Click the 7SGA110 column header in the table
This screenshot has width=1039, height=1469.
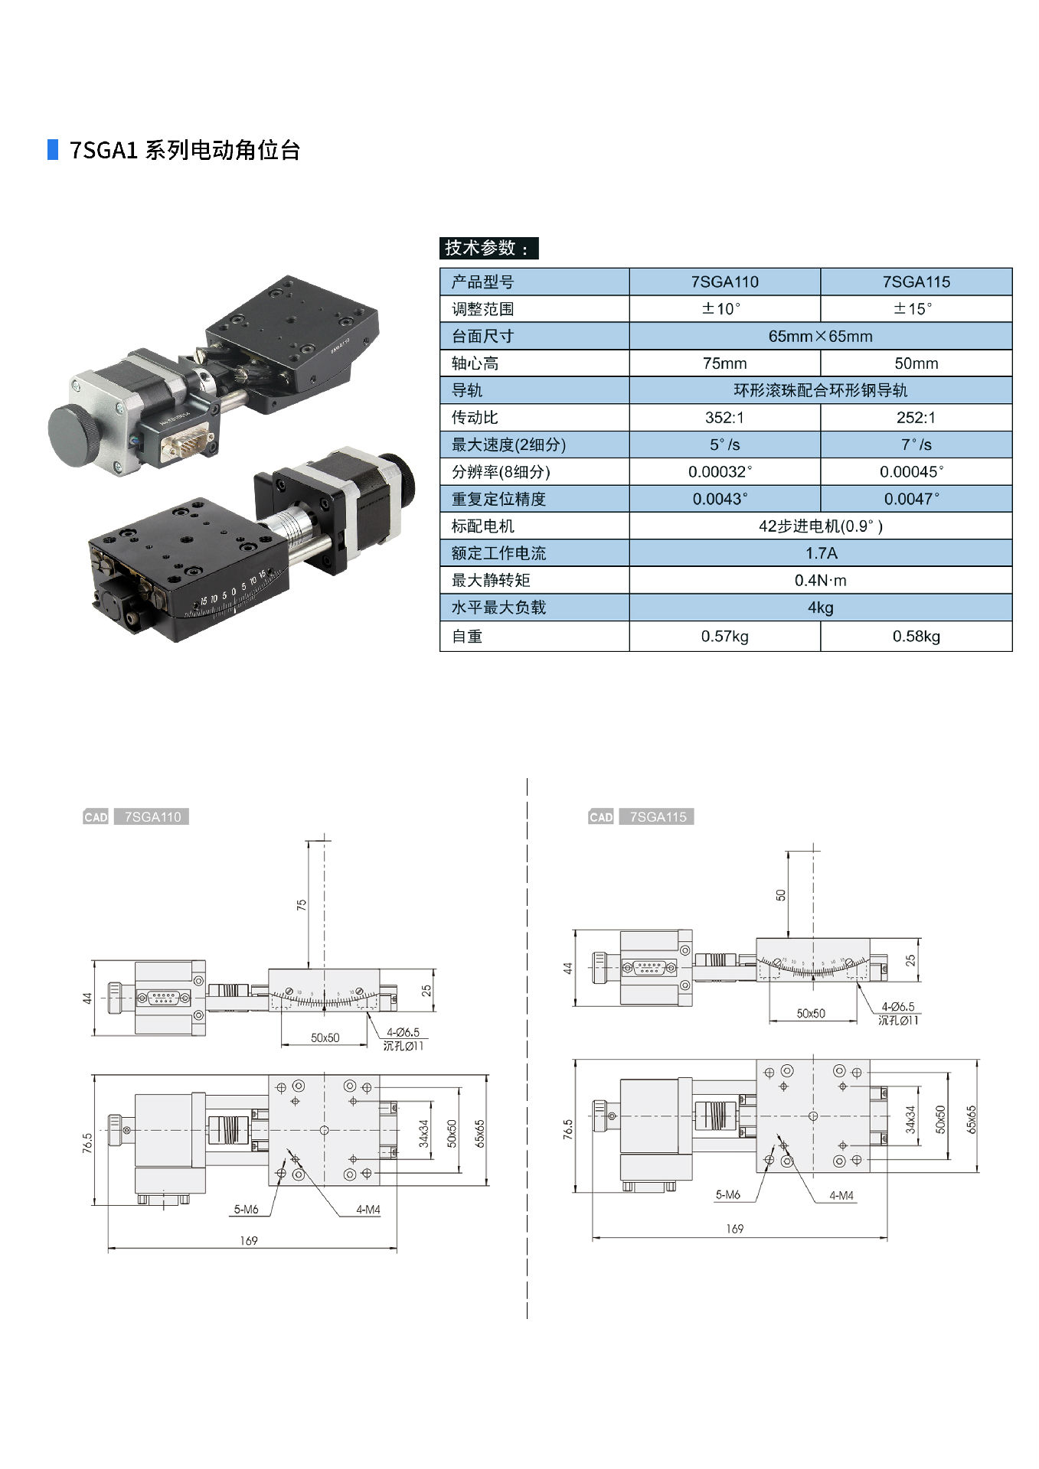pyautogui.click(x=724, y=282)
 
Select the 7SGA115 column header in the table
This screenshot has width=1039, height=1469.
pyautogui.click(x=916, y=282)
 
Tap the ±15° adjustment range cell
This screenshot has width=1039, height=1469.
pyautogui.click(x=916, y=309)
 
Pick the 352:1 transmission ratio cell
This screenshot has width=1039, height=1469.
pyautogui.click(x=724, y=418)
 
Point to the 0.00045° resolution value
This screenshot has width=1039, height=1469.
pyautogui.click(x=916, y=472)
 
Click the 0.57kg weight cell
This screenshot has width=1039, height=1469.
pyautogui.click(x=724, y=637)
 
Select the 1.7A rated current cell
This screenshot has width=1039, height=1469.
pyautogui.click(x=821, y=553)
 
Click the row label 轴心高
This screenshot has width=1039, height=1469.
pyautogui.click(x=475, y=363)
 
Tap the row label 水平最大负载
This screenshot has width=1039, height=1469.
pyautogui.click(x=498, y=607)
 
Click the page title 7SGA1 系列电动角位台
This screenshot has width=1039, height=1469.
pyautogui.click(x=185, y=150)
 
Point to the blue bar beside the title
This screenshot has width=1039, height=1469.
pyautogui.click(x=53, y=149)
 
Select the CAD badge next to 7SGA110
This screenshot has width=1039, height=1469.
pyautogui.click(x=96, y=817)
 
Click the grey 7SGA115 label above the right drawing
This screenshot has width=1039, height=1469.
pyautogui.click(x=658, y=817)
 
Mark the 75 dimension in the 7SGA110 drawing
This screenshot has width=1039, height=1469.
pyautogui.click(x=302, y=904)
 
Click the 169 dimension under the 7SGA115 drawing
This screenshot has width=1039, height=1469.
pyautogui.click(x=734, y=1229)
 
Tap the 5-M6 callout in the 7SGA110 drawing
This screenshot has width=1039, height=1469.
pyautogui.click(x=246, y=1210)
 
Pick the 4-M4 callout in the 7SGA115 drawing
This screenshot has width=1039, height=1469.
pyautogui.click(x=841, y=1195)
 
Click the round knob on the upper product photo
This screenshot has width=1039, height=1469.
pyautogui.click(x=74, y=432)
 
